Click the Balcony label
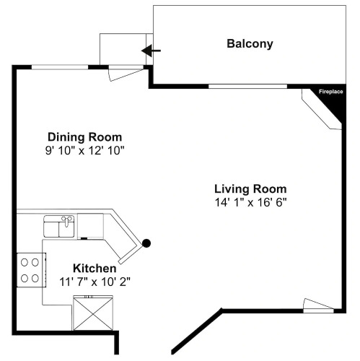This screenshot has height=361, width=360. [250, 44]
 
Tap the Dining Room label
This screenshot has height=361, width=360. [85, 137]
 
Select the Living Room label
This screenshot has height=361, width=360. [250, 189]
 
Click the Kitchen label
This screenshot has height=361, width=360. [95, 269]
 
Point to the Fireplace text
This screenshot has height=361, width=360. [331, 92]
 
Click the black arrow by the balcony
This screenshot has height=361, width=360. [151, 51]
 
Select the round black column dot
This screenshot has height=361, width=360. [146, 243]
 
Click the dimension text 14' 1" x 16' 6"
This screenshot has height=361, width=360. [251, 202]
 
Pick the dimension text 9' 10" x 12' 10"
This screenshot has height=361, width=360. [84, 151]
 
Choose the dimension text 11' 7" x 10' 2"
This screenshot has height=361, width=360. [95, 282]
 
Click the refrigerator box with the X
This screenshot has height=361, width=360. [93, 313]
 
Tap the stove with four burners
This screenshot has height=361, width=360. [31, 270]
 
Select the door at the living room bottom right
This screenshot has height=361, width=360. [318, 305]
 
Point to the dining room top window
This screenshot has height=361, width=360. [60, 67]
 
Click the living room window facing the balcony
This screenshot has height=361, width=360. [247, 87]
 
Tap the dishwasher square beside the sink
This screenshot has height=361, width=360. [90, 226]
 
